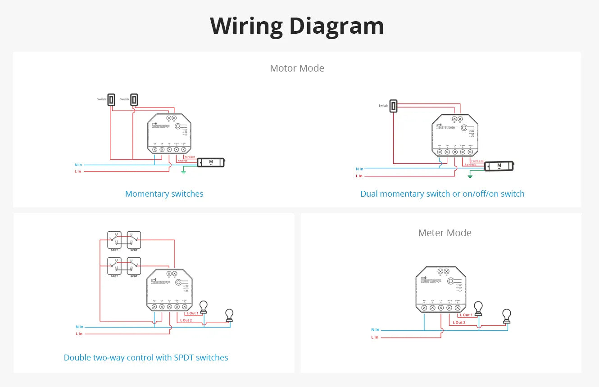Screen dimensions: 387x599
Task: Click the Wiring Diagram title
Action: click(297, 26)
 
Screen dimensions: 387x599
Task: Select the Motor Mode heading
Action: click(297, 68)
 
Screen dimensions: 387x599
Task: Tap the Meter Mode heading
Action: click(445, 233)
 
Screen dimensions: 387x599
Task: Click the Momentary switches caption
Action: click(164, 194)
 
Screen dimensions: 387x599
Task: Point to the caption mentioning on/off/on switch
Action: click(442, 194)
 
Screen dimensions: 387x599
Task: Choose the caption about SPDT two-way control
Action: click(146, 358)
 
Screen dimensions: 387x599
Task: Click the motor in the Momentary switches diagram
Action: click(211, 162)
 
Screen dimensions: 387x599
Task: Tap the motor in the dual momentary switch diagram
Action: click(499, 166)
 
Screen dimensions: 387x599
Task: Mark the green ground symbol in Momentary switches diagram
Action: click(183, 171)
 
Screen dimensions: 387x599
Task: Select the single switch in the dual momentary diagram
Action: click(394, 106)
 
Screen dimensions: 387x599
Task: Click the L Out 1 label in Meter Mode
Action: click(466, 315)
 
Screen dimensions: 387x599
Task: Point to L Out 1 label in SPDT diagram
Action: click(191, 313)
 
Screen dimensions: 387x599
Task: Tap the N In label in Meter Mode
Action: click(375, 330)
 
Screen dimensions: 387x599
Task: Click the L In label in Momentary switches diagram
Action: click(78, 171)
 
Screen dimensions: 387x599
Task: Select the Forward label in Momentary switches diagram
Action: click(190, 157)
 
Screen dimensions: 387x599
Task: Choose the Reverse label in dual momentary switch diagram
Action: click(470, 165)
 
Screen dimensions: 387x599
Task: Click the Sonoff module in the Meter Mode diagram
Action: click(440, 289)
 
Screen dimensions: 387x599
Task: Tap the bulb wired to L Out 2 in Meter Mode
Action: click(507, 316)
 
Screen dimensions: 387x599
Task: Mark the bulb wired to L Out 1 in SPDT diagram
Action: click(204, 307)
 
